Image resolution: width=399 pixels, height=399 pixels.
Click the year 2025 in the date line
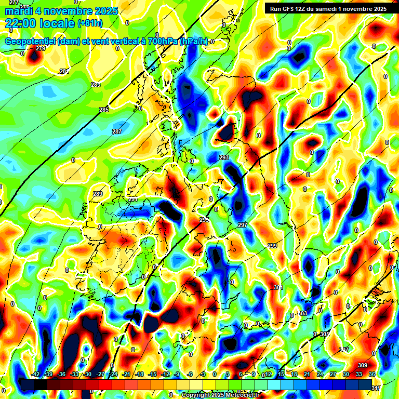pos(102,11)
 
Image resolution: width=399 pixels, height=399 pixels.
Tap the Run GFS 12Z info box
pos(325,9)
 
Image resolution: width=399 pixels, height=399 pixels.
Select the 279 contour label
pos(41,49)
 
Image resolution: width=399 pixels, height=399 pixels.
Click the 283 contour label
pos(96,85)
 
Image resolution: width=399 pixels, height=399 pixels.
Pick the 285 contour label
pos(104,110)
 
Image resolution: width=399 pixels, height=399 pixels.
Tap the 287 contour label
pos(116,131)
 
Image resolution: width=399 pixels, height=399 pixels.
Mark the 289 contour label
pos(98,194)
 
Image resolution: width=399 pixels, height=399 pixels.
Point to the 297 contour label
pos(242,225)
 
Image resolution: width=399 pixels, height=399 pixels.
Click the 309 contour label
pos(363,366)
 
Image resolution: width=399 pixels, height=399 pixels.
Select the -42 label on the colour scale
pos(35,374)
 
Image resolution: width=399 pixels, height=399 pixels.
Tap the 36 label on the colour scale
pos(372,374)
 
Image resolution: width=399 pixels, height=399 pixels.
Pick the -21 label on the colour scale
pos(126,374)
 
